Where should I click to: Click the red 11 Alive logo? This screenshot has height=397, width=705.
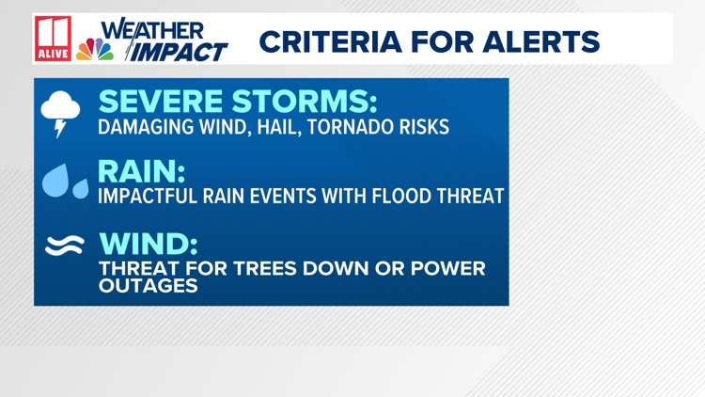[x=54, y=40]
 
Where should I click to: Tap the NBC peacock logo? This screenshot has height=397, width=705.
[x=94, y=48]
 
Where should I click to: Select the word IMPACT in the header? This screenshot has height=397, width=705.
[x=179, y=52]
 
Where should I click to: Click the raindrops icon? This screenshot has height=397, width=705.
[x=66, y=181]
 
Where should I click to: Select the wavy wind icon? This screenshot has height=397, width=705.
[x=65, y=246]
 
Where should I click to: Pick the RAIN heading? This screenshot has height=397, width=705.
[x=141, y=171]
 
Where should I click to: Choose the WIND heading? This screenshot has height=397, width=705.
[x=149, y=244]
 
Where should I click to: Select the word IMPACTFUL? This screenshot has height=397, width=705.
[x=149, y=197]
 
